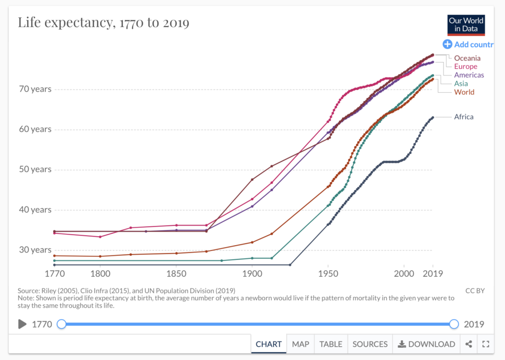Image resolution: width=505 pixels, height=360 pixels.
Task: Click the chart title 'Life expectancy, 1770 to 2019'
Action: [x=104, y=23]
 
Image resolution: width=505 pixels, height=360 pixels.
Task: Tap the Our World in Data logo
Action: [x=466, y=25]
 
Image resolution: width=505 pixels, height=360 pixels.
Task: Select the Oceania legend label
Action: [x=467, y=58]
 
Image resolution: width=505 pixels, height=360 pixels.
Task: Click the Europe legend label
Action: [x=466, y=67]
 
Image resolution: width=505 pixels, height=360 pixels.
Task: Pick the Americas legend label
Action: [x=469, y=75]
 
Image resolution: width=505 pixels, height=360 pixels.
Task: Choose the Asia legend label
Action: [x=461, y=83]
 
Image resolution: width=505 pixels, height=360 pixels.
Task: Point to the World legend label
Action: [x=464, y=92]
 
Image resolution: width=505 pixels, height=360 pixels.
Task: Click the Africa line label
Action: [x=464, y=117]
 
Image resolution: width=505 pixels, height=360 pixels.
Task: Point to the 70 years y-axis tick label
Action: [x=35, y=89]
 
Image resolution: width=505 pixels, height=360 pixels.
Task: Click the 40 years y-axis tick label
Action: [x=35, y=210]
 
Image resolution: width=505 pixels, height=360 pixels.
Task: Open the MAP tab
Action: [x=300, y=344]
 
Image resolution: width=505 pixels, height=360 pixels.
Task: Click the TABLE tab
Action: [x=330, y=344]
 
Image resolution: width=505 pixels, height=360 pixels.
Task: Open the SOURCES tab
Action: [x=370, y=344]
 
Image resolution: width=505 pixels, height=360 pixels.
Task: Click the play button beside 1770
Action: [x=22, y=324]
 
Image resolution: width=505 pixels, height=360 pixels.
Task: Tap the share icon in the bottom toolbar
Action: [x=469, y=344]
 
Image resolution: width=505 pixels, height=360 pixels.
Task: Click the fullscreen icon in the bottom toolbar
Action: [x=485, y=344]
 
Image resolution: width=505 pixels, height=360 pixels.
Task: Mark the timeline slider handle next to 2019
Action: [x=454, y=324]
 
